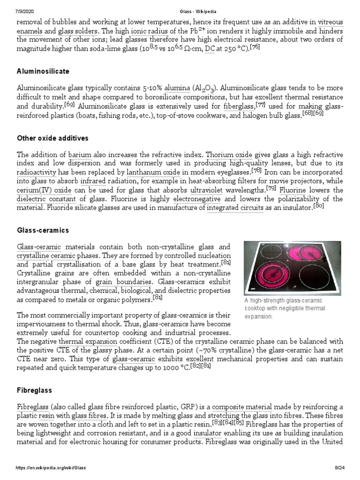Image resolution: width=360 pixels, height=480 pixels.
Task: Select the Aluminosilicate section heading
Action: coord(43,71)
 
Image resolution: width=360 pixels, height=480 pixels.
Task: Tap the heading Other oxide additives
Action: coord(52,138)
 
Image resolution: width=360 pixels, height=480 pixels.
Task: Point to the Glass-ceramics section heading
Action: coord(43,231)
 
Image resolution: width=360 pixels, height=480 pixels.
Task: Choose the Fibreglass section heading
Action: coord(34,390)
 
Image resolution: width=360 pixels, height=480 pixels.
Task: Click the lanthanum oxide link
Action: coord(154,172)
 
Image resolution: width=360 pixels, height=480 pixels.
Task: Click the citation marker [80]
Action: coord(319,205)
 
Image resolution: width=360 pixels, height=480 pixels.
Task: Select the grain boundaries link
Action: coord(124,283)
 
